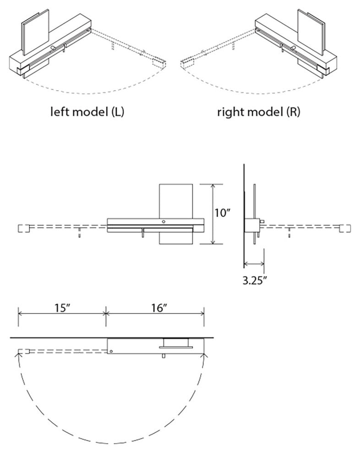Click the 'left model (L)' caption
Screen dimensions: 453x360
[x=87, y=112]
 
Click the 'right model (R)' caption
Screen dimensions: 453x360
[x=259, y=112]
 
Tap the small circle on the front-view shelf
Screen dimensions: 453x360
[x=164, y=221]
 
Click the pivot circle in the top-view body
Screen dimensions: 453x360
[x=111, y=351]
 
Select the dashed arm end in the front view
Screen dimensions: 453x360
[x=23, y=228]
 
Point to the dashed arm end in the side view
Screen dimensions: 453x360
[x=346, y=228]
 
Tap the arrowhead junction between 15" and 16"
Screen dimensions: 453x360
[x=106, y=313]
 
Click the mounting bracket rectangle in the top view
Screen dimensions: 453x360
[x=176, y=343]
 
